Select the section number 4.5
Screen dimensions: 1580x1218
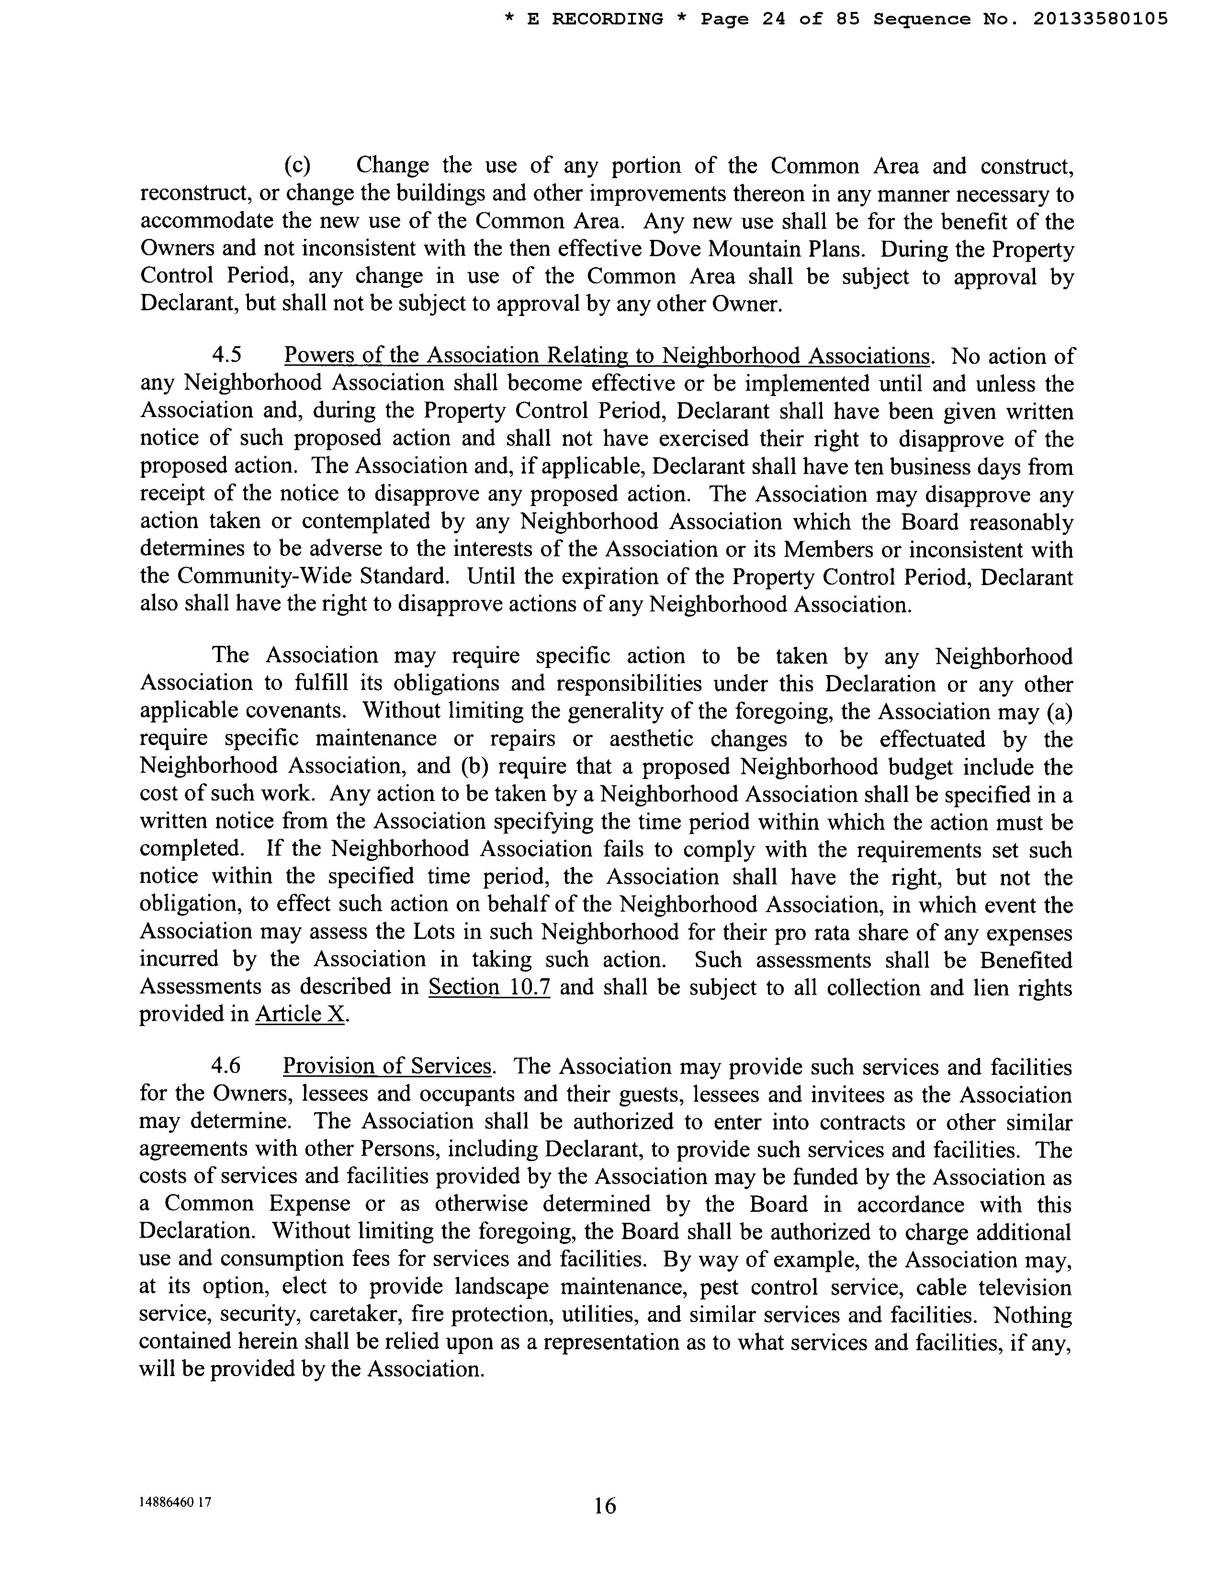click(226, 356)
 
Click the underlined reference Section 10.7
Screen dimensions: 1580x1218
click(490, 987)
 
